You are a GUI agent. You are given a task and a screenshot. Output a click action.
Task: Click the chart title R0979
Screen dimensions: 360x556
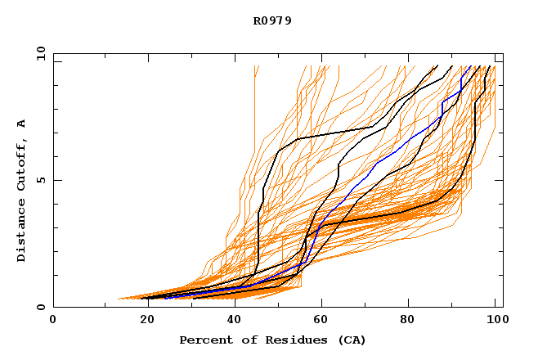(x=272, y=20)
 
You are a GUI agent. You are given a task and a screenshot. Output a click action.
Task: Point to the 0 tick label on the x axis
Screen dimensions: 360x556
(x=53, y=320)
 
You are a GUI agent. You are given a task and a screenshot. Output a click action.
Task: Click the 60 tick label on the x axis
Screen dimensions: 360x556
(x=323, y=320)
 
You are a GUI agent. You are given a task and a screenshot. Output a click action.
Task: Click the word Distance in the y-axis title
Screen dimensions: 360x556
(x=22, y=232)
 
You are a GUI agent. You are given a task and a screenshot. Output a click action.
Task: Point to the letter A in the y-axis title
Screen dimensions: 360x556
(x=22, y=124)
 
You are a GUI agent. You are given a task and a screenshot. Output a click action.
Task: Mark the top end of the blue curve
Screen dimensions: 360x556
(x=470, y=66)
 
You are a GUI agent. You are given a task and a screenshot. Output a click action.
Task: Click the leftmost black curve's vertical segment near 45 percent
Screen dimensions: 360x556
(x=258, y=237)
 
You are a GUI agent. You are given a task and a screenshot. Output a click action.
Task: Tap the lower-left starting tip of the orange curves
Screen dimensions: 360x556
(x=119, y=299)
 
